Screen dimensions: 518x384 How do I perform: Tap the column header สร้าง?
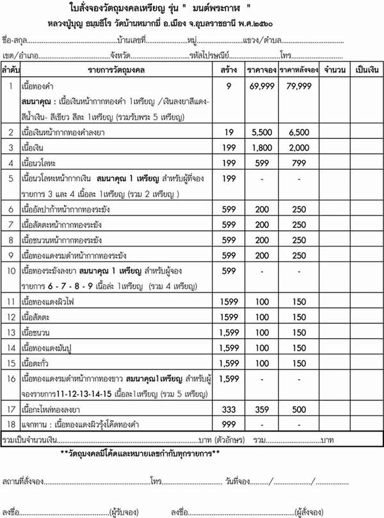click(228, 69)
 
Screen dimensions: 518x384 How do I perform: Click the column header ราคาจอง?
click(261, 69)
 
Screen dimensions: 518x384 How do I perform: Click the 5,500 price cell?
click(261, 133)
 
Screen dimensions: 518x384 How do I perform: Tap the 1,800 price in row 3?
click(261, 148)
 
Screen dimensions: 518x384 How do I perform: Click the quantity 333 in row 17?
click(228, 408)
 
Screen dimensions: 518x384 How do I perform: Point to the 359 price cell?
click(261, 408)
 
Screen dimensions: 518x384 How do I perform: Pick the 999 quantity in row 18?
click(228, 424)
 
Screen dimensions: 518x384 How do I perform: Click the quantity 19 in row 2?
click(228, 133)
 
